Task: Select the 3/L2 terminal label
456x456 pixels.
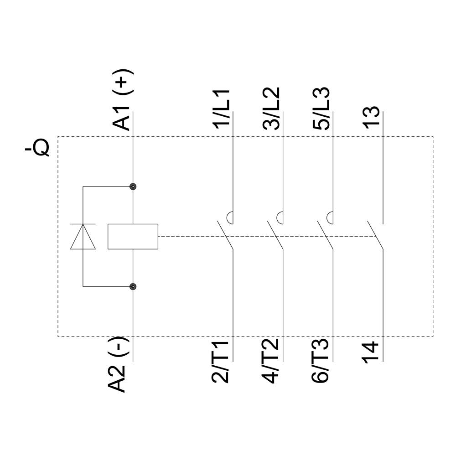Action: pyautogui.click(x=272, y=109)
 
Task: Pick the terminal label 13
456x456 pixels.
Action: pyautogui.click(x=372, y=118)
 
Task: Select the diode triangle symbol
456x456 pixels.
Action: pyautogui.click(x=83, y=237)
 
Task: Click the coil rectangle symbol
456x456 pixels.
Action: pyautogui.click(x=133, y=237)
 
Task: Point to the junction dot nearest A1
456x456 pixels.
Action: pyautogui.click(x=133, y=187)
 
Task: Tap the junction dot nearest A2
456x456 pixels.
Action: pyautogui.click(x=133, y=286)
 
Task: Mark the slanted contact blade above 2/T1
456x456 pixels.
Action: pyautogui.click(x=225, y=235)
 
